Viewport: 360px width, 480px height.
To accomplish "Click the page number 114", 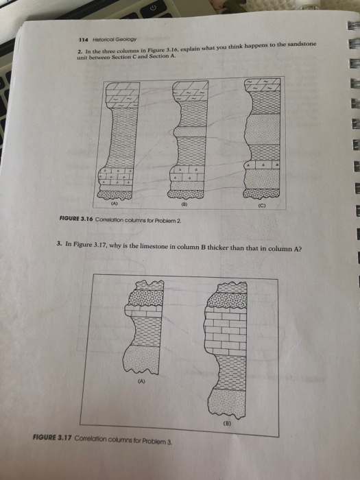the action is [x=83, y=40].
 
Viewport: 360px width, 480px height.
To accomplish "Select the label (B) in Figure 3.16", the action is [x=184, y=204].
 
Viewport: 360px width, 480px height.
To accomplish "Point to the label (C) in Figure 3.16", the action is [x=262, y=206].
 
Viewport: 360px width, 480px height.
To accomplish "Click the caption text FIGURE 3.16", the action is [x=76, y=219].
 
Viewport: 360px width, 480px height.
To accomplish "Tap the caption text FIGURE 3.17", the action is [x=52, y=437].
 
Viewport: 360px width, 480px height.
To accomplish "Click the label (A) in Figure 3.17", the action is [x=141, y=381].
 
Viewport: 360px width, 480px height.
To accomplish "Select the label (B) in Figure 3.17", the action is [x=227, y=424].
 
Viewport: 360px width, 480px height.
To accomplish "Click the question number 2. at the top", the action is [x=80, y=51].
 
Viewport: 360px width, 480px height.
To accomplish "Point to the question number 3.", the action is [x=60, y=244].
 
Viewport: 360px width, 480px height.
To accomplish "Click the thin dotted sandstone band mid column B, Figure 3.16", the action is [x=191, y=132].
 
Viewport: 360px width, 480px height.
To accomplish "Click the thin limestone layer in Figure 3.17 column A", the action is [x=143, y=311].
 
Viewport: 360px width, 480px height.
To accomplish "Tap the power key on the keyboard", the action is [x=154, y=8].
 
